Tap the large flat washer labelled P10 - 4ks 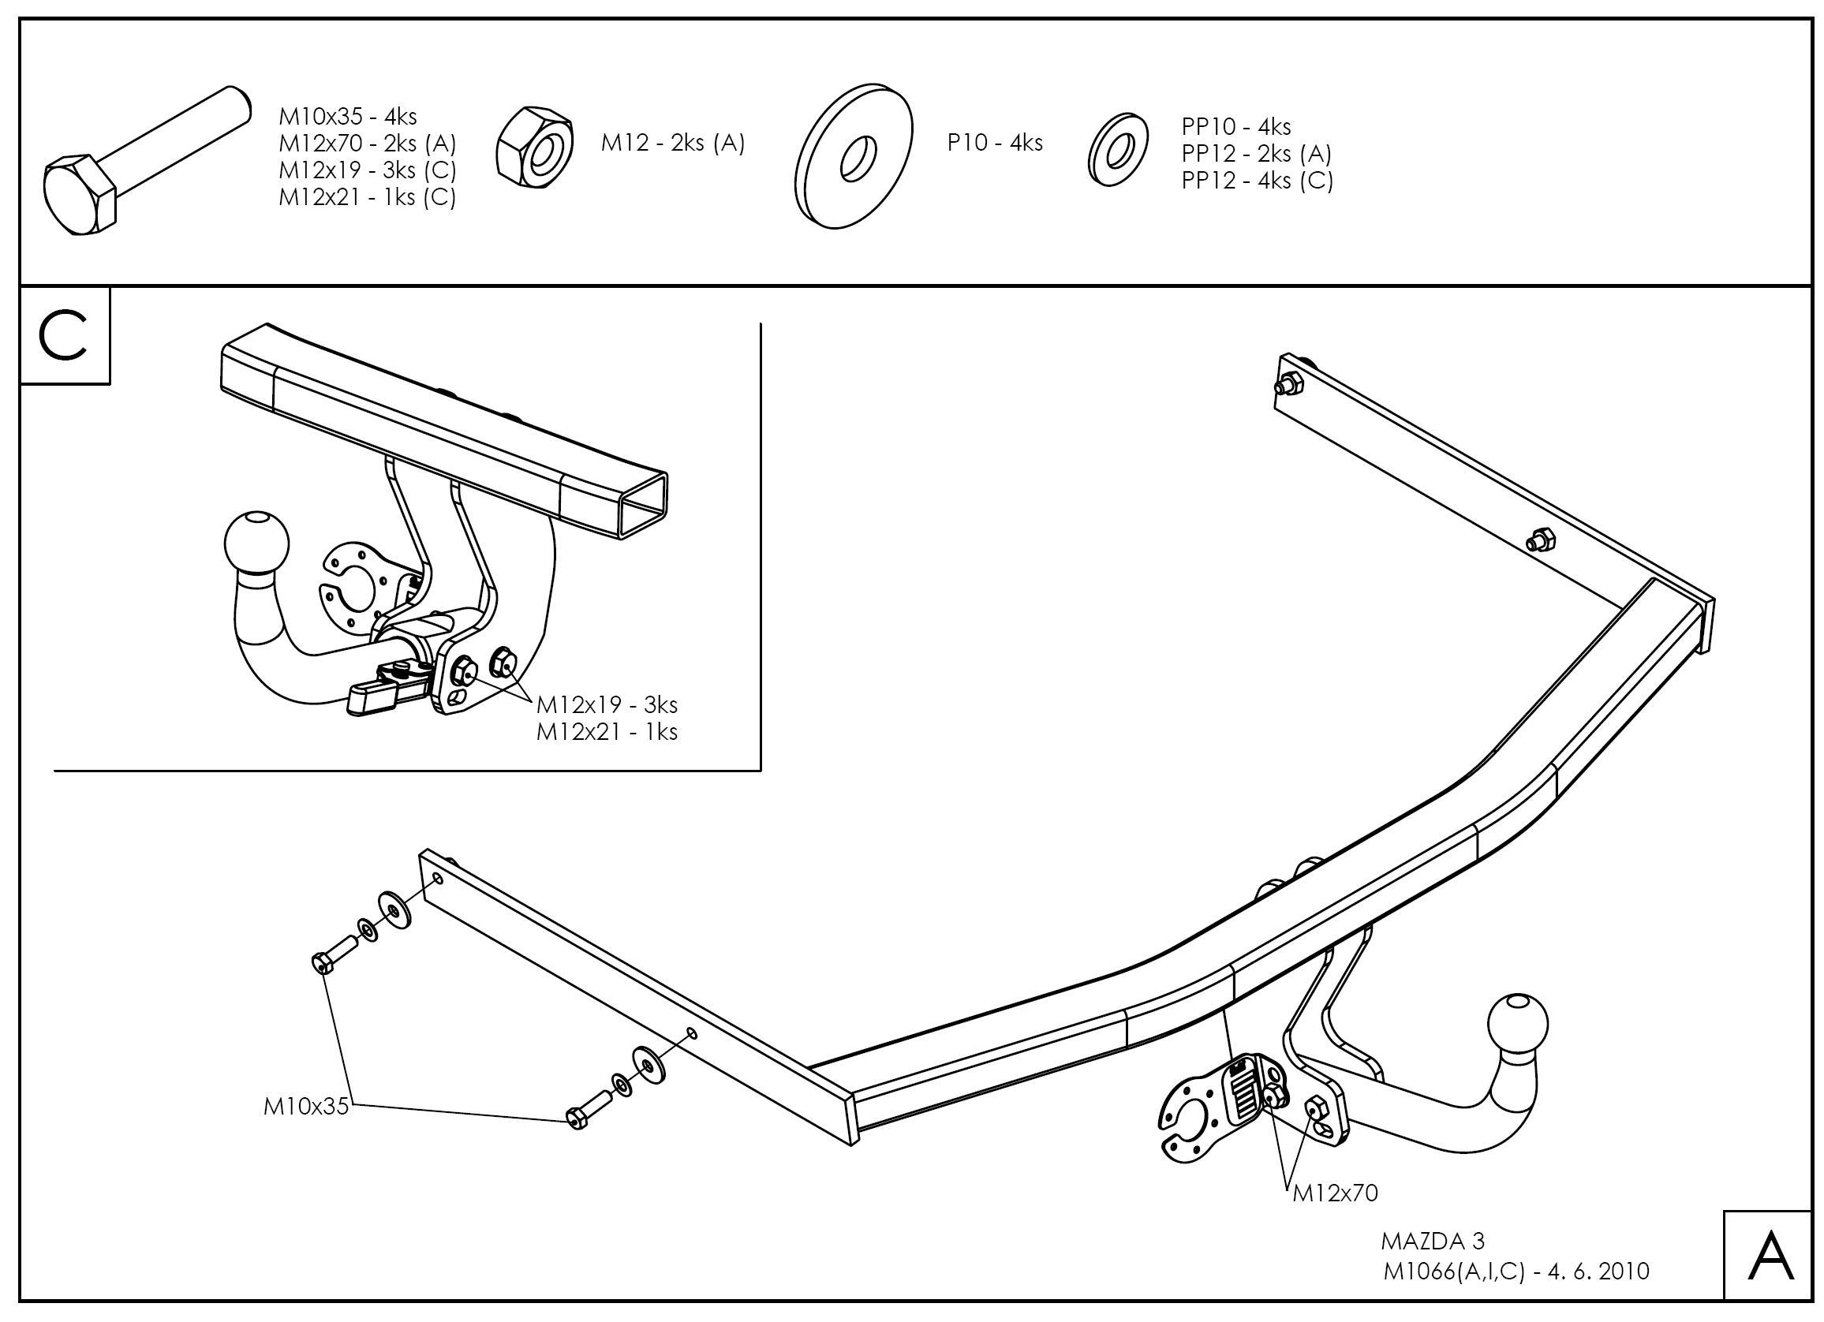click(x=854, y=155)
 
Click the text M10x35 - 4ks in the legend click(x=347, y=117)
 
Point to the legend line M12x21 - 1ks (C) click(x=367, y=197)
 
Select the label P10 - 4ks click(x=995, y=143)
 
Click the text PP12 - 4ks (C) click(x=1257, y=180)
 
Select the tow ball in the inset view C click(x=256, y=540)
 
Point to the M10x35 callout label click(x=306, y=1107)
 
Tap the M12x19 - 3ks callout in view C click(x=607, y=705)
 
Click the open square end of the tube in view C click(x=644, y=506)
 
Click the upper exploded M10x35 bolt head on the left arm click(x=321, y=962)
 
